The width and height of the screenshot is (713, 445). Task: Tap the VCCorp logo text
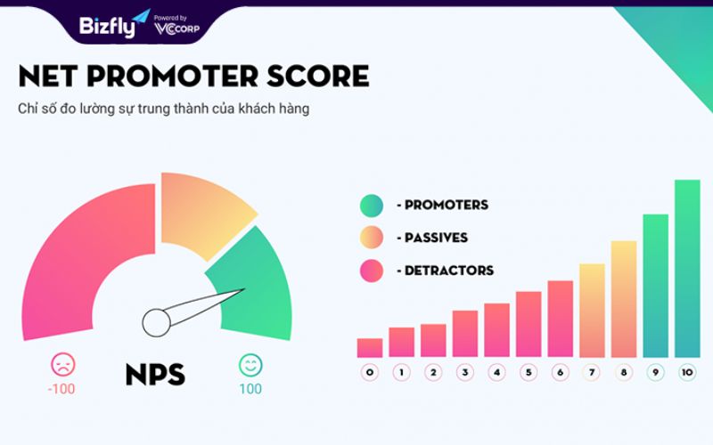[176, 28]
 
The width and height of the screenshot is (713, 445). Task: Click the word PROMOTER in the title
[172, 76]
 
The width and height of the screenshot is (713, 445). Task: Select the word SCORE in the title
[317, 76]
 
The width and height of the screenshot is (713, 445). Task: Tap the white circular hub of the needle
[157, 323]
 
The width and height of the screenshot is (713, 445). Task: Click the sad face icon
[62, 364]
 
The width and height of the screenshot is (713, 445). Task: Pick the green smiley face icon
[250, 365]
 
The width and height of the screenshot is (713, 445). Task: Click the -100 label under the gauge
[61, 389]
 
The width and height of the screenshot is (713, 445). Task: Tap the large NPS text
[155, 375]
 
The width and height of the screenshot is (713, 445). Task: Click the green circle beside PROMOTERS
[372, 206]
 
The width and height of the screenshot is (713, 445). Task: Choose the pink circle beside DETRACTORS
[372, 271]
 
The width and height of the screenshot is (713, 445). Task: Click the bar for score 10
[687, 269]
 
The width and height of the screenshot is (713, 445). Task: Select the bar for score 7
[592, 311]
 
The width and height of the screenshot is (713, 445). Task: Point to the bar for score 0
[370, 348]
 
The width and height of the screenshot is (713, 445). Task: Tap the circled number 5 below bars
[529, 373]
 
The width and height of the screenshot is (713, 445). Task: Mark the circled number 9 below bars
[655, 373]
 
